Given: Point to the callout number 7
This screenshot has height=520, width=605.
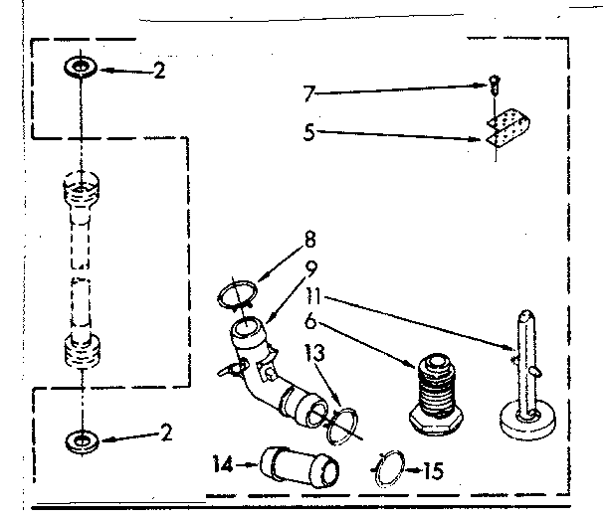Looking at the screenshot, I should pyautogui.click(x=309, y=95).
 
